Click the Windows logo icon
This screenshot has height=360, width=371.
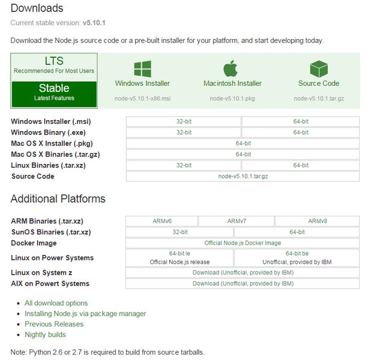142,68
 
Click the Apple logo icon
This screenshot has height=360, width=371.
232,68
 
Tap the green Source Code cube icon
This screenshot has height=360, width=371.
318,68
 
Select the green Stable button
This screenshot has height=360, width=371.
54,91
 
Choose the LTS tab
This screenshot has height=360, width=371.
54,65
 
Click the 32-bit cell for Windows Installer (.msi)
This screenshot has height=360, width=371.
184,121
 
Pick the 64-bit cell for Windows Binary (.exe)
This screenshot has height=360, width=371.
301,132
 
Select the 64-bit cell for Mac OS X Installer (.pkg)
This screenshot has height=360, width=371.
243,143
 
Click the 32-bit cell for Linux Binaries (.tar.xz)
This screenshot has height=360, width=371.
184,165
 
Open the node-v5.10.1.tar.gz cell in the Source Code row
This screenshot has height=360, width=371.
243,176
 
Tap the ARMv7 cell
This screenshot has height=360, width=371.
237,221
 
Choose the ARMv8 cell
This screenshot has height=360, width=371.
318,221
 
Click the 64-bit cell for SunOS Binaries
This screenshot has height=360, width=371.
297,232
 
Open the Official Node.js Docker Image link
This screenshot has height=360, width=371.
243,243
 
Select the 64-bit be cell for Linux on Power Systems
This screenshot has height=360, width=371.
297,258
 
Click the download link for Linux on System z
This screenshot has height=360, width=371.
243,273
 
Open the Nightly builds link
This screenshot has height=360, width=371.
45,335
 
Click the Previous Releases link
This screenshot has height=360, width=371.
54,324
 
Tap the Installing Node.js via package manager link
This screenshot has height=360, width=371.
85,314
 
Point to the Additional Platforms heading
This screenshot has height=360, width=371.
58,199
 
